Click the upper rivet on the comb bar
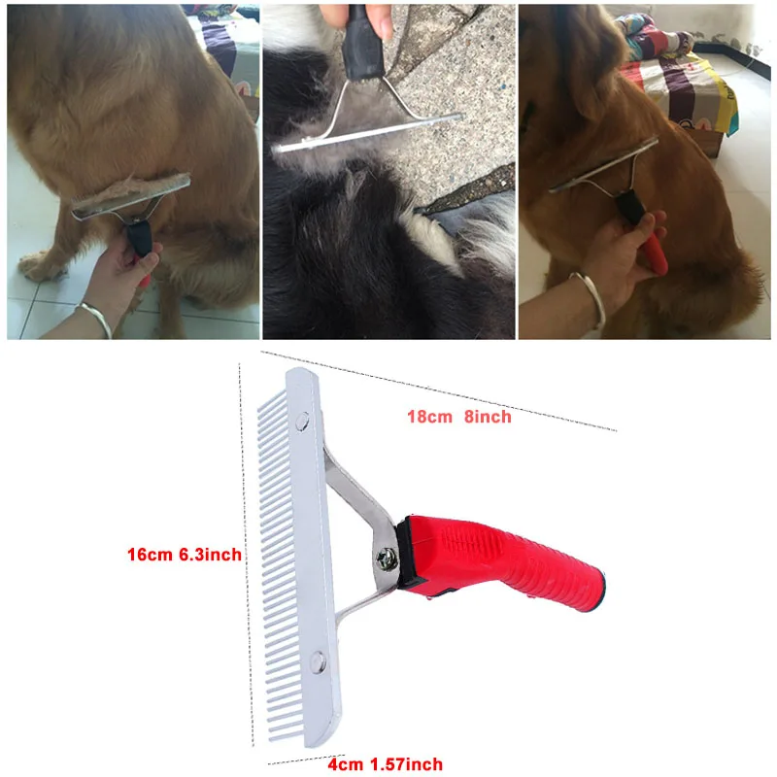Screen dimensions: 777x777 pos(303,420)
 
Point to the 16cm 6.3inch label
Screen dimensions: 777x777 pos(184,555)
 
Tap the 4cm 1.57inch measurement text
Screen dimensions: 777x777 pos(386,764)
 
